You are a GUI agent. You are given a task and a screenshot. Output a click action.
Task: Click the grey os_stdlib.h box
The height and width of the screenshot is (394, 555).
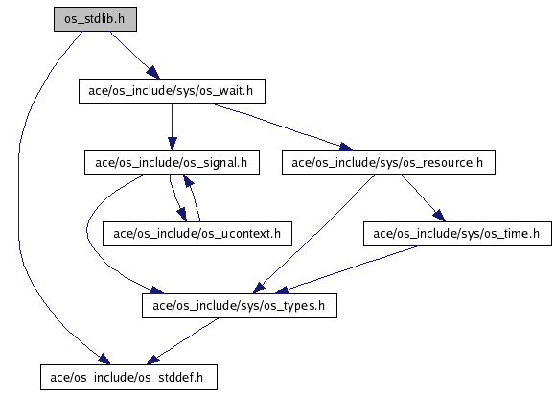95,19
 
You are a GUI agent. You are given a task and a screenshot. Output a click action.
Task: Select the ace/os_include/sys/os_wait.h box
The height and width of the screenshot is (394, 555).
172,91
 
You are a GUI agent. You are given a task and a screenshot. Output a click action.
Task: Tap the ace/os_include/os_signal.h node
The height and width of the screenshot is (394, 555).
172,162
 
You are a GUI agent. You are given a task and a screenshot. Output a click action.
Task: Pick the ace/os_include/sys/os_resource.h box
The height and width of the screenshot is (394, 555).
388,162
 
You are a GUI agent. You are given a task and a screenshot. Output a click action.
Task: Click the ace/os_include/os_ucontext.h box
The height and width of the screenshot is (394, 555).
197,234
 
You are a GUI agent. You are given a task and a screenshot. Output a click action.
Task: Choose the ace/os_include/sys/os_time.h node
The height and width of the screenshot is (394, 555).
457,234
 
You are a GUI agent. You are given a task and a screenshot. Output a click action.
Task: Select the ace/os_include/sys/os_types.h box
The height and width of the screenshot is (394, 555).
240,306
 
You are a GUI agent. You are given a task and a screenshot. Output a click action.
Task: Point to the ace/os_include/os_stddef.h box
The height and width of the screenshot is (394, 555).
128,378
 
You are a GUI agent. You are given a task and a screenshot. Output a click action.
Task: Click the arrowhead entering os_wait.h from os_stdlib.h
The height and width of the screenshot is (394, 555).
153,73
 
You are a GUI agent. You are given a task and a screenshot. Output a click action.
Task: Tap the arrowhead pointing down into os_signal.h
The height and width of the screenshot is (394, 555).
172,144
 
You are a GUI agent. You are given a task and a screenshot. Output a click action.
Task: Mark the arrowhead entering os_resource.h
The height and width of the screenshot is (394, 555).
345,146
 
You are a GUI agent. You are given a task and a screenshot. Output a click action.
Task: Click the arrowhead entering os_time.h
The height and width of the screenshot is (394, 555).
439,216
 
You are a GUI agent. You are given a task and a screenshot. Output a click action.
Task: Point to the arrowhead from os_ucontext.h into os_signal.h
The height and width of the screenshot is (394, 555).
188,181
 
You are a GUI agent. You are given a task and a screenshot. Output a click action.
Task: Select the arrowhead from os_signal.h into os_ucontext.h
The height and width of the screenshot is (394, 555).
181,215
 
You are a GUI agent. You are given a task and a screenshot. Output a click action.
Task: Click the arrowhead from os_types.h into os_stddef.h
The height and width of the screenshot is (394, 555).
153,359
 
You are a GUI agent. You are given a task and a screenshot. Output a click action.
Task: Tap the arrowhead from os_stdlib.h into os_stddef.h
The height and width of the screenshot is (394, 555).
104,359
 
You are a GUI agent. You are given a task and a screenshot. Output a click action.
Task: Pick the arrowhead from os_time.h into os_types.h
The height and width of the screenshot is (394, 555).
282,290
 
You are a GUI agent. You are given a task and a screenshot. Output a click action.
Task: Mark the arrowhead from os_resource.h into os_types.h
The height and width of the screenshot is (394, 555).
259,288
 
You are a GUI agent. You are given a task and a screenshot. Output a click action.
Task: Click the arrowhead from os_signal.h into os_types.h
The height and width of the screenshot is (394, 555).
156,290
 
